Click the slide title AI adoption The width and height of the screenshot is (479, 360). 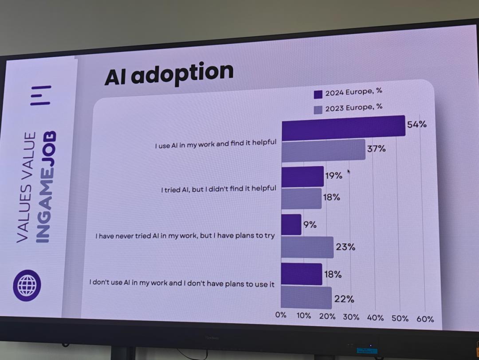pos(169,74)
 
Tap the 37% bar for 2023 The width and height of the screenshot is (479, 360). pos(323,150)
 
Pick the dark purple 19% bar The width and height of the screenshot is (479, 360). pos(302,176)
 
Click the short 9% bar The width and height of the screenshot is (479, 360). pos(291,224)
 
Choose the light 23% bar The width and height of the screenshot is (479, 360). pos(307,247)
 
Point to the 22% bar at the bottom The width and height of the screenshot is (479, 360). pos(306,297)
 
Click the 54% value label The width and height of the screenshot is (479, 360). pos(417,125)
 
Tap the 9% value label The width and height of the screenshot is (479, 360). pos(310,225)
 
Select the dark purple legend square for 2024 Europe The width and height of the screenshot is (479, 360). pos(318,94)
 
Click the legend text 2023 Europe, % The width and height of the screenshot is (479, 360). pos(353,108)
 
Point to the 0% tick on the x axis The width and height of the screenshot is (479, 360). pos(281,315)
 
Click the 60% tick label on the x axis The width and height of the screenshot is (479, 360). pos(425,319)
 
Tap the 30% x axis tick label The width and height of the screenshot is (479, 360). pos(351,317)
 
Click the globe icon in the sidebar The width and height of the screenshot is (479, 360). pos(27,285)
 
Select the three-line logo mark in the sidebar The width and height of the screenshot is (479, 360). pos(41,95)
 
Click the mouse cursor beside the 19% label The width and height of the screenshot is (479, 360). pos(349,172)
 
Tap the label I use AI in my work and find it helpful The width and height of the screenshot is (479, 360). pos(216,144)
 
